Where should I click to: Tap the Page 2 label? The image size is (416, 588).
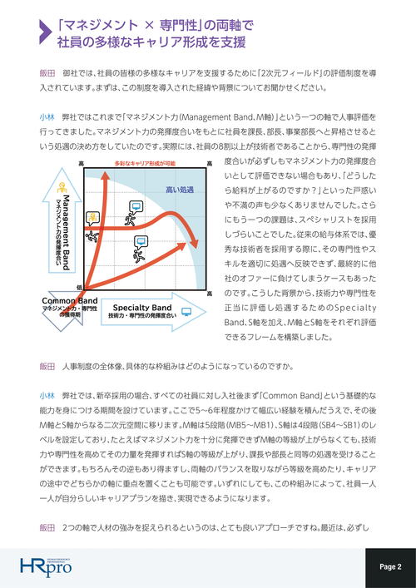pyautogui.click(x=390, y=566)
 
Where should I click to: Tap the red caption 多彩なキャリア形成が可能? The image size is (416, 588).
pyautogui.click(x=144, y=163)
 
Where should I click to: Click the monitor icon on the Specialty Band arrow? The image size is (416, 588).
pyautogui.click(x=185, y=313)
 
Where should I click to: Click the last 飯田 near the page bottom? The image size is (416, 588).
pyautogui.click(x=47, y=528)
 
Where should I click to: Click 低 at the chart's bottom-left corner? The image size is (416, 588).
pyautogui.click(x=80, y=288)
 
